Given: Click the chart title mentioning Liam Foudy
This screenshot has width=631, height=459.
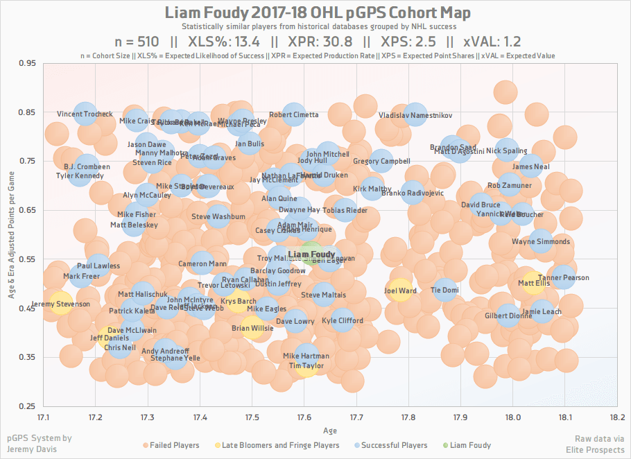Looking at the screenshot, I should (x=315, y=13).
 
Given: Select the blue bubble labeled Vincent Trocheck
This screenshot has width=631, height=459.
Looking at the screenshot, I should (x=85, y=114).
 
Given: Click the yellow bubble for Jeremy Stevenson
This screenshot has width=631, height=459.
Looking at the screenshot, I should (x=60, y=304).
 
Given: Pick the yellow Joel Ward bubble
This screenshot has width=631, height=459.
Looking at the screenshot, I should (x=400, y=291).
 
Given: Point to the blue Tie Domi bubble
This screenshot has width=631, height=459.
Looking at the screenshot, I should (x=444, y=290).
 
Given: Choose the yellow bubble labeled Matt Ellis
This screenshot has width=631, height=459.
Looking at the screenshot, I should (x=533, y=283).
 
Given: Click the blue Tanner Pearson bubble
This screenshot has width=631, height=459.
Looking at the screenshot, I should (x=564, y=277).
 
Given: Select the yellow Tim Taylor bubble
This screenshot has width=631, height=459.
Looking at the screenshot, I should (x=306, y=365).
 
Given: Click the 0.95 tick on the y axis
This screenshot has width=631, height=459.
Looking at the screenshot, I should (x=28, y=63).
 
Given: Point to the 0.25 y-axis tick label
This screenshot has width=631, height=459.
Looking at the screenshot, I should (x=28, y=406).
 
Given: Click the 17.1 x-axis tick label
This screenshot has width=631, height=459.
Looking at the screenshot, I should (x=44, y=417).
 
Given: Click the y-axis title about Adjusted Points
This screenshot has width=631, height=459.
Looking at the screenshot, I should (x=12, y=234).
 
